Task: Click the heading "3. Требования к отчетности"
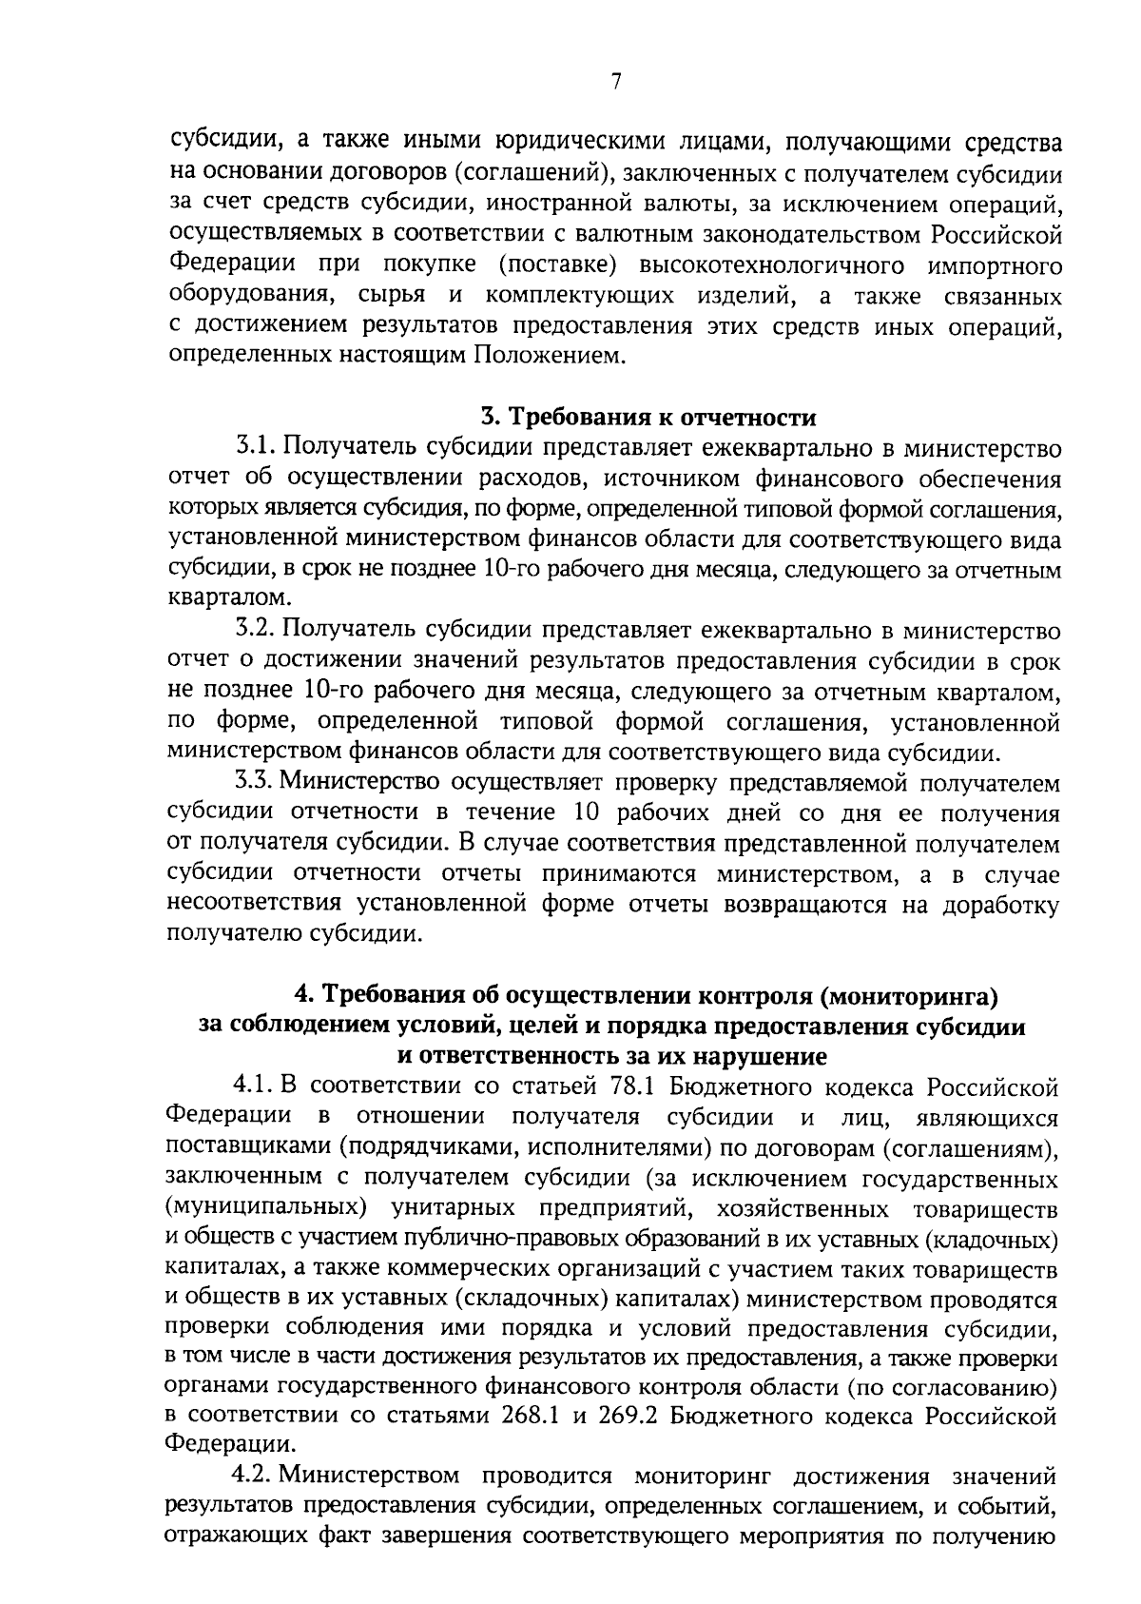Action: [648, 418]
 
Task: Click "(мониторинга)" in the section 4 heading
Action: [908, 995]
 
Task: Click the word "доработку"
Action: [1000, 904]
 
